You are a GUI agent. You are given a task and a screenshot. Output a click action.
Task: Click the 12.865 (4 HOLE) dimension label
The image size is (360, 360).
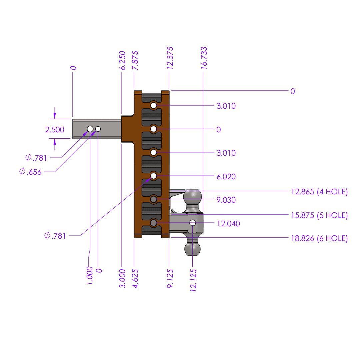tap(319, 192)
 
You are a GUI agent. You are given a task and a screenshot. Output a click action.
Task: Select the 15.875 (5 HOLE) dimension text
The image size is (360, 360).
tap(319, 215)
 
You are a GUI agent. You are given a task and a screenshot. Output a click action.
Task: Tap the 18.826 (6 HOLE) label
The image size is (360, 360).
tap(319, 238)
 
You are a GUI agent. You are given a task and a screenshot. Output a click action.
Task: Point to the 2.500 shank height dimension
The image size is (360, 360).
tap(55, 130)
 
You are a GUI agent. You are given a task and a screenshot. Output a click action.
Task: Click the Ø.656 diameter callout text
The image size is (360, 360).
tap(30, 172)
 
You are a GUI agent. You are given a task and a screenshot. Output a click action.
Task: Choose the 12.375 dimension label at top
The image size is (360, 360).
tap(170, 58)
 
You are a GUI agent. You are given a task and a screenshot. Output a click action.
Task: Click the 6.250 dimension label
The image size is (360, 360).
tap(123, 60)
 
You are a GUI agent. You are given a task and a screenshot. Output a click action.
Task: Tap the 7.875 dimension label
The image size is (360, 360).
tap(135, 60)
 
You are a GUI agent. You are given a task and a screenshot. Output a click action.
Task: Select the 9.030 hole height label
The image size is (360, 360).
tap(226, 200)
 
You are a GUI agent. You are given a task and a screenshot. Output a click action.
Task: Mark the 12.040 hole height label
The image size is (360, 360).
tap(228, 223)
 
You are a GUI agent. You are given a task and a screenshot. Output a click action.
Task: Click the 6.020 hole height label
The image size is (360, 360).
tap(226, 177)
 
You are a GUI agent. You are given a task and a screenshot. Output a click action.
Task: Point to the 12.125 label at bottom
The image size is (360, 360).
tap(193, 280)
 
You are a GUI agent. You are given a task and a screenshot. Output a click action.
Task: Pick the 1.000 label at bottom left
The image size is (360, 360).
tap(90, 275)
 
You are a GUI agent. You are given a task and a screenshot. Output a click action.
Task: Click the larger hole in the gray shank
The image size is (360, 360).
tap(90, 129)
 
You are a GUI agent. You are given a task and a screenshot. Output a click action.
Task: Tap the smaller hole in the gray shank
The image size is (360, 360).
tap(98, 129)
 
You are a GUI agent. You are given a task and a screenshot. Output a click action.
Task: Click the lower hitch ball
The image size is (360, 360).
tap(193, 249)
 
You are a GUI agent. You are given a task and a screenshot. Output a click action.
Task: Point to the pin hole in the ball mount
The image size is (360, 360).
tap(193, 223)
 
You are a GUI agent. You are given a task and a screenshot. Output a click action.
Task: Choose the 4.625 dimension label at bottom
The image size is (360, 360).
tap(135, 279)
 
